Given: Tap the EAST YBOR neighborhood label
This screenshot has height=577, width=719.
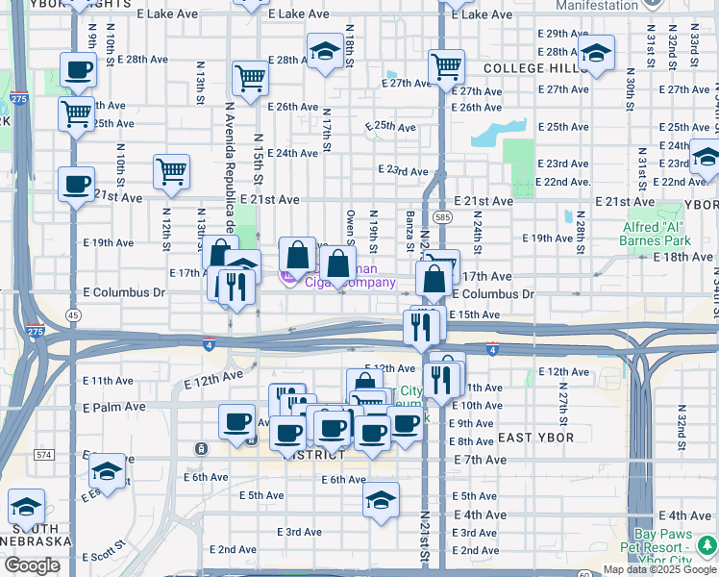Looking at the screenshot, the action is (536, 438).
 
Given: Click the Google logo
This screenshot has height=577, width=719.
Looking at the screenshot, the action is (32, 565).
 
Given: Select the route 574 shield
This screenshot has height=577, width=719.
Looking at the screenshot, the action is (43, 454).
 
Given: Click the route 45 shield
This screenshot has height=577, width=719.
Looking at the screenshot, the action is (73, 314).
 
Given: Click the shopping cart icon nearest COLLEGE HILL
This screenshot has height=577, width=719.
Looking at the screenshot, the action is (446, 67).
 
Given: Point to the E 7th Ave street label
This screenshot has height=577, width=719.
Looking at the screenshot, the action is (480, 460).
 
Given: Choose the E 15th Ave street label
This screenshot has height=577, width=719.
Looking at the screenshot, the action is (474, 314).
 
